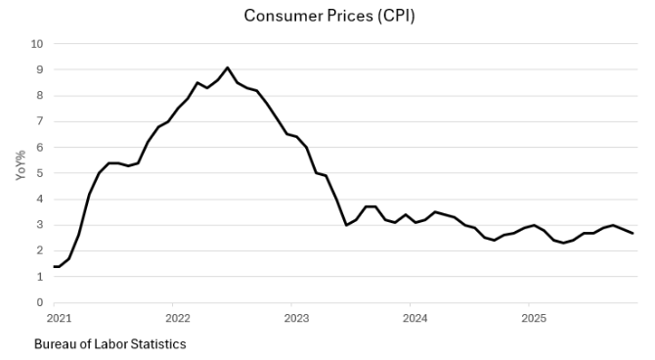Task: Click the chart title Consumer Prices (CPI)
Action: click(322, 16)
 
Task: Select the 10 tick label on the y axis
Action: click(37, 44)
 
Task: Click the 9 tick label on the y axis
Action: click(39, 69)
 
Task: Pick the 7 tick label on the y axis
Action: click(39, 121)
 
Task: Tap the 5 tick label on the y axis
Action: click(39, 173)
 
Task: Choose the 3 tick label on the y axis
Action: click(39, 225)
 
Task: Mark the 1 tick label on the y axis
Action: click(39, 277)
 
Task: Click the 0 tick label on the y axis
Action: click(39, 302)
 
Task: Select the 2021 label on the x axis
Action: click(59, 318)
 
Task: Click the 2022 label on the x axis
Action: click(177, 318)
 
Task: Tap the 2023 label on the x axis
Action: click(296, 318)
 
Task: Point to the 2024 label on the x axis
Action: click(415, 318)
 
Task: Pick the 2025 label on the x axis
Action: click(533, 318)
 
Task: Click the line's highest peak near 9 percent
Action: click(227, 67)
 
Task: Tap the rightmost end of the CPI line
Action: click(633, 233)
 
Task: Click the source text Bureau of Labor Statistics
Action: click(109, 344)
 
